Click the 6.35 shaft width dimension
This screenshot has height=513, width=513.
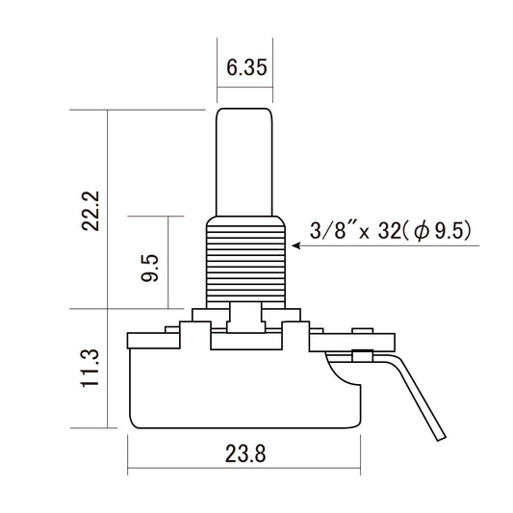(x=244, y=68)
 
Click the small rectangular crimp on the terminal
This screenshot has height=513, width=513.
(x=364, y=356)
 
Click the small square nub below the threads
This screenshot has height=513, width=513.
(x=244, y=315)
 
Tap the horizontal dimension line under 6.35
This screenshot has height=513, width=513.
(x=244, y=88)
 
